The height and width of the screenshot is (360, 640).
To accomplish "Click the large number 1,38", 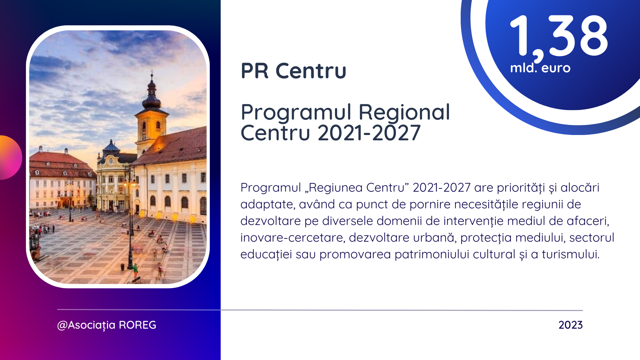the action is [x=559, y=37].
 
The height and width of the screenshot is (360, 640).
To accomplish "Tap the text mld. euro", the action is [x=540, y=68].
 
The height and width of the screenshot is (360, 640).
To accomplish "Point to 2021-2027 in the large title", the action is [x=369, y=133].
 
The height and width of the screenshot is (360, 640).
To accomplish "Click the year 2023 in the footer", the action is [x=571, y=325].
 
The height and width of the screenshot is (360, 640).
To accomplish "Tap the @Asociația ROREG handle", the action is [x=107, y=325].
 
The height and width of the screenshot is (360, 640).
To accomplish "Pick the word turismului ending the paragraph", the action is [x=571, y=254].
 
